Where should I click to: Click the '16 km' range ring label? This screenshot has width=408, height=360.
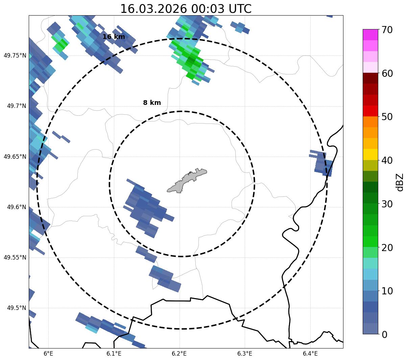[114, 37]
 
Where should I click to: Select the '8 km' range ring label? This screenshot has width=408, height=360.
[152, 103]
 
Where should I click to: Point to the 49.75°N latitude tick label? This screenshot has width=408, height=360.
[15, 55]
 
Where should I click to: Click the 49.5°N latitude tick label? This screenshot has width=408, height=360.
[16, 308]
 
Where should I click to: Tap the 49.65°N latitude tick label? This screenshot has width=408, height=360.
[15, 157]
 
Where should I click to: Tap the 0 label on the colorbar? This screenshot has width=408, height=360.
[385, 335]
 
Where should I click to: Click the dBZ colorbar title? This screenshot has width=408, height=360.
[400, 182]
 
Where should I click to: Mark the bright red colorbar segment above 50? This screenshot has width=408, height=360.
[370, 111]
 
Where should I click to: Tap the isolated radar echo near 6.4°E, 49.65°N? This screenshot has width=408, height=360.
[323, 164]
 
